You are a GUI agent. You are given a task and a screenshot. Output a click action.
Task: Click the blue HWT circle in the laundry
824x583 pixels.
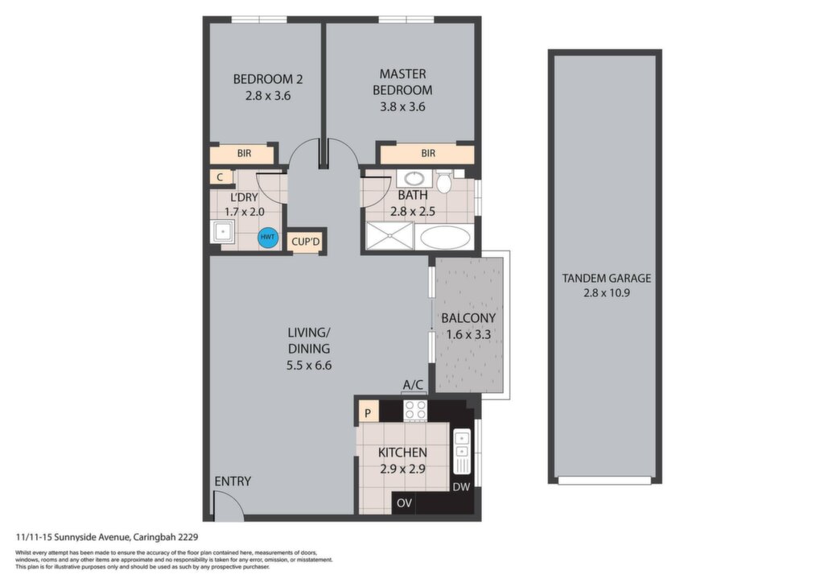pyautogui.click(x=268, y=237)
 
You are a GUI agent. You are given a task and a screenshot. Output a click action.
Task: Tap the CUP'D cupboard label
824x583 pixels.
pyautogui.click(x=306, y=242)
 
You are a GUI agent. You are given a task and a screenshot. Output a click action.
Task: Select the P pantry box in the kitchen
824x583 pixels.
pyautogui.click(x=368, y=412)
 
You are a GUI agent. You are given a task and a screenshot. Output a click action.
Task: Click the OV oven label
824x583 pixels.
pyautogui.click(x=404, y=503)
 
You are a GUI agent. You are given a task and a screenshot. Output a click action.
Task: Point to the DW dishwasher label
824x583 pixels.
pyautogui.click(x=461, y=487)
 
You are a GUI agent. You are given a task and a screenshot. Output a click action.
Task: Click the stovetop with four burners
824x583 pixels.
pyautogui.click(x=415, y=410)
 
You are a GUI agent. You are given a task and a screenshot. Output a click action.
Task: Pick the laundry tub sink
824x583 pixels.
pyautogui.click(x=222, y=232)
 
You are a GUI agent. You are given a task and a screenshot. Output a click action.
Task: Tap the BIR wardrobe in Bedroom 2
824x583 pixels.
pyautogui.click(x=243, y=154)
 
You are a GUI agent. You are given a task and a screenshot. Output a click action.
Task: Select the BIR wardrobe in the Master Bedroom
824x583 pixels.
pyautogui.click(x=427, y=154)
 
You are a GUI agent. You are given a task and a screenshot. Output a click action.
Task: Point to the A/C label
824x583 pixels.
pyautogui.click(x=413, y=385)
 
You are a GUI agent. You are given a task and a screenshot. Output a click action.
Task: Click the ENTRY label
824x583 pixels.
pyautogui.click(x=233, y=481)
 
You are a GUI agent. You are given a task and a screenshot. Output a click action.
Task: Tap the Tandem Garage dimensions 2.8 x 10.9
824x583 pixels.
pyautogui.click(x=607, y=293)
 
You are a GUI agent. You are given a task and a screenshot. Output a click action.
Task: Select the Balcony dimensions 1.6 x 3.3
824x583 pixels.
pyautogui.click(x=468, y=334)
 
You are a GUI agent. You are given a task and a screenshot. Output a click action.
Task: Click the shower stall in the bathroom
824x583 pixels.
pyautogui.click(x=390, y=235)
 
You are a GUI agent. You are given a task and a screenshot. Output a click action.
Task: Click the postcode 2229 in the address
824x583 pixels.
pyautogui.click(x=187, y=537)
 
